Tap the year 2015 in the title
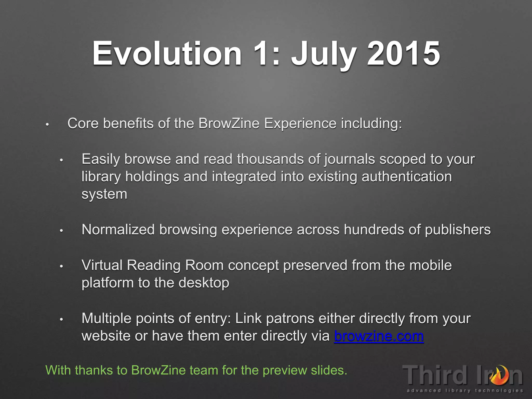click(x=403, y=54)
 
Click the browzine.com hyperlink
click(x=379, y=336)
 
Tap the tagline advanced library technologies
click(x=465, y=390)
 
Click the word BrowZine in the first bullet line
click(x=229, y=123)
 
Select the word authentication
click(x=407, y=177)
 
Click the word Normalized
click(x=118, y=230)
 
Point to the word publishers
click(x=457, y=230)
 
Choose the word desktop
click(x=204, y=283)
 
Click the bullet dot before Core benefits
click(x=47, y=125)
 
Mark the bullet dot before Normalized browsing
click(x=61, y=231)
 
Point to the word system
click(x=104, y=194)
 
